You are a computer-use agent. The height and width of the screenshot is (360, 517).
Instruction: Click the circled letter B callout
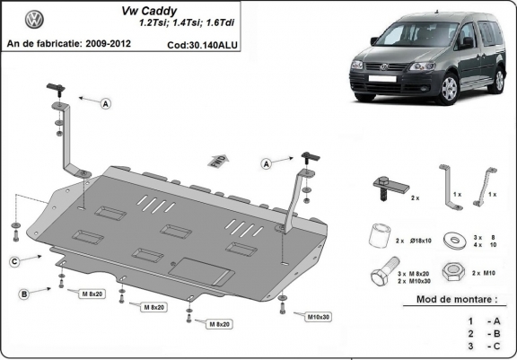point(24,294)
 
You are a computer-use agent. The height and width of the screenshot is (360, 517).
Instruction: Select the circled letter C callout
point(15,261)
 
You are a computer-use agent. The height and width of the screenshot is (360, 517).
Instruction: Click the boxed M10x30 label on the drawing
point(318,317)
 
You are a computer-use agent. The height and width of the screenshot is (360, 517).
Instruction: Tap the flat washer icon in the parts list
point(458,240)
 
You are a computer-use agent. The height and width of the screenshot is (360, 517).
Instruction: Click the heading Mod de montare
point(456,300)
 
